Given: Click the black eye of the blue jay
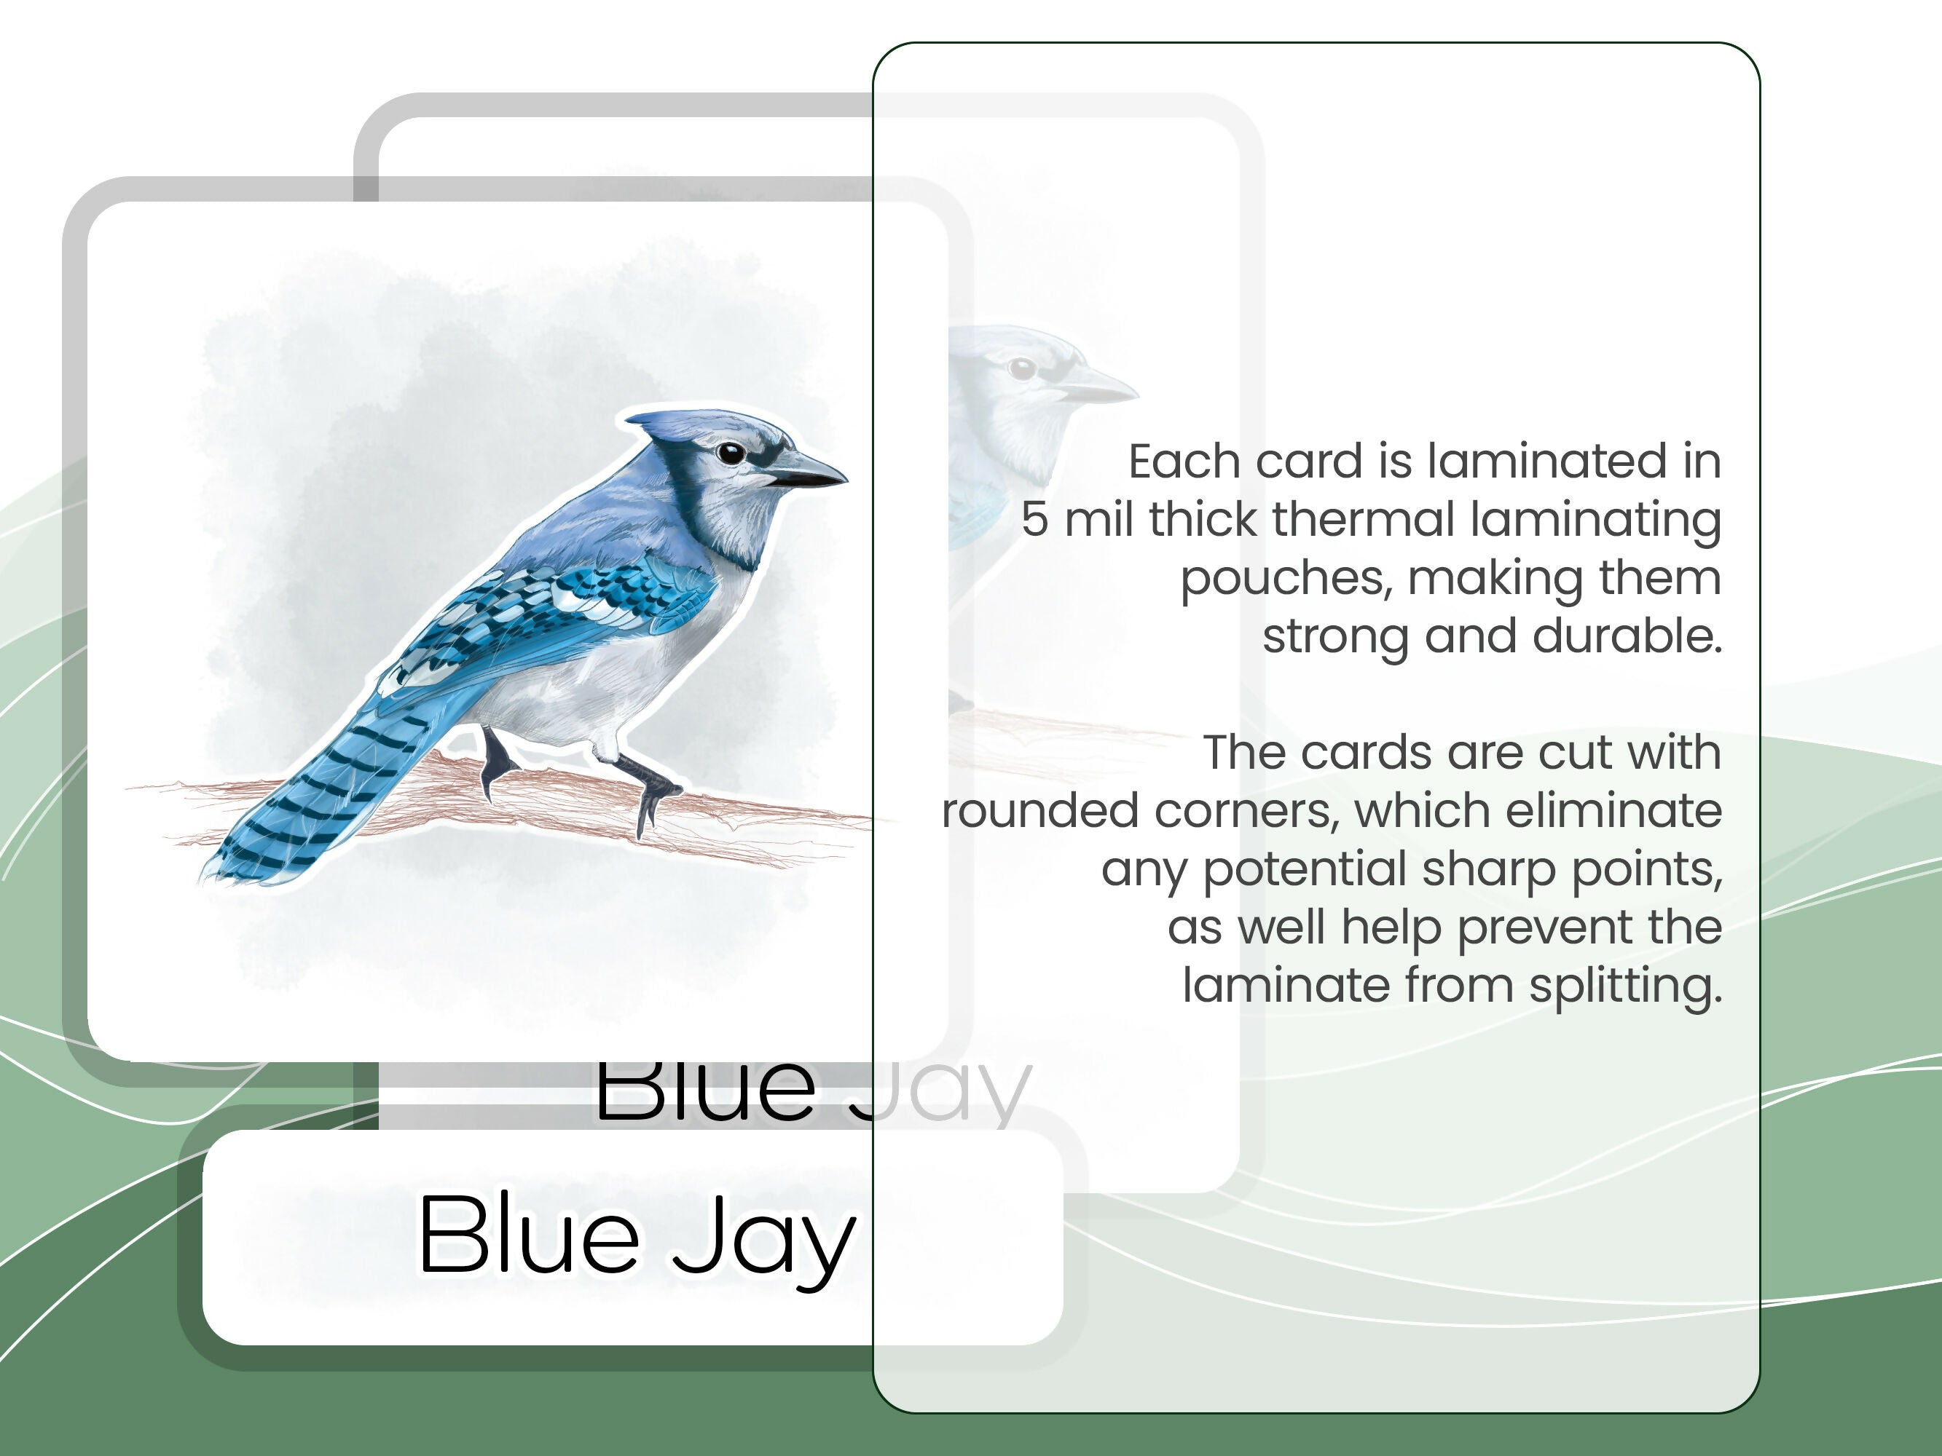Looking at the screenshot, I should tap(731, 453).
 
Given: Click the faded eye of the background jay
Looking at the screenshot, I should tap(1022, 368).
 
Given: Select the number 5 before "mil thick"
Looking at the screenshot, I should tap(1034, 520).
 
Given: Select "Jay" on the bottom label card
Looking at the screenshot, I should tap(764, 1239).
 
